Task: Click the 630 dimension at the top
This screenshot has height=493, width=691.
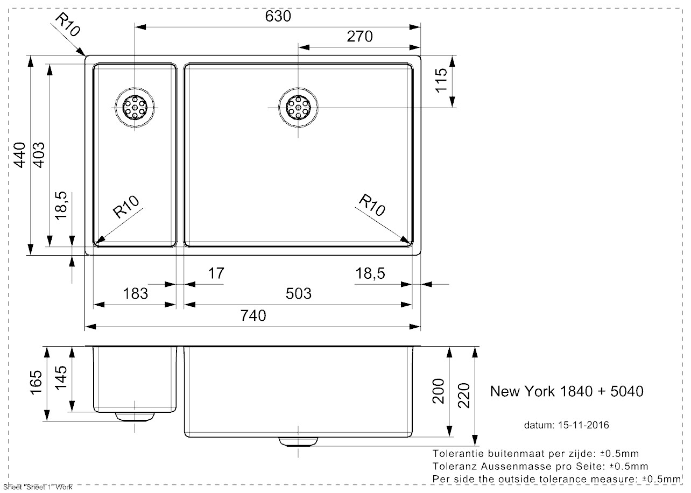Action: [x=278, y=17]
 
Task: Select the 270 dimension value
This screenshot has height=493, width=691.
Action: [x=359, y=37]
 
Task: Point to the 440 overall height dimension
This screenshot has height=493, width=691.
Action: [x=20, y=154]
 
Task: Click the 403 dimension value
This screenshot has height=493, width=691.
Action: [x=39, y=154]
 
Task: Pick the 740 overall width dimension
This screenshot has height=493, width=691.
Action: [x=253, y=315]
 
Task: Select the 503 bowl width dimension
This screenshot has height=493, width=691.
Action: [x=298, y=293]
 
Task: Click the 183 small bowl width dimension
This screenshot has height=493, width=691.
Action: [x=135, y=293]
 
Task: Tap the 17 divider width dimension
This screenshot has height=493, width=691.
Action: [x=215, y=273]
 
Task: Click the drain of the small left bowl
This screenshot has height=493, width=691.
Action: [x=135, y=108]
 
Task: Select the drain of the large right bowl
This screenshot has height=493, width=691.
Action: [x=298, y=108]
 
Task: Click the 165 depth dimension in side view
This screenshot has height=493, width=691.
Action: [x=36, y=383]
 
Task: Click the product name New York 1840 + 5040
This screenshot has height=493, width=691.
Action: [x=566, y=391]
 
